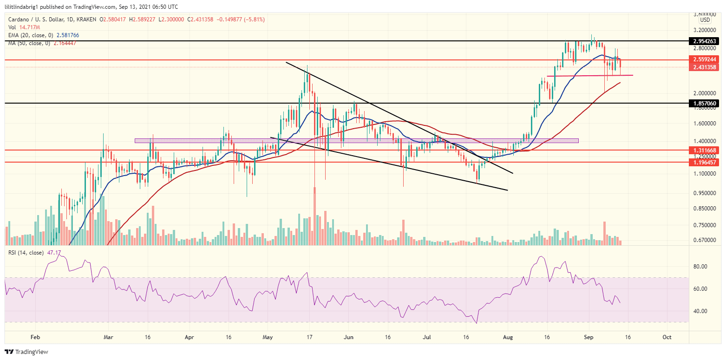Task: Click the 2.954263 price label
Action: [x=706, y=41]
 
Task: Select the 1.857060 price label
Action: [x=706, y=103]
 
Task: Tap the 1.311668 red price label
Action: [x=706, y=150]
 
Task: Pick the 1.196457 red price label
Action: [x=706, y=162]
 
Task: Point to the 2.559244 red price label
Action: [x=706, y=60]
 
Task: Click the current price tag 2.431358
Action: [x=706, y=67]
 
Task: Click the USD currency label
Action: [x=705, y=20]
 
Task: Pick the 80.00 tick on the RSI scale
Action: [x=700, y=267]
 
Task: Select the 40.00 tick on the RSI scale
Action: [x=700, y=311]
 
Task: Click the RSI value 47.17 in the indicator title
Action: [x=50, y=253]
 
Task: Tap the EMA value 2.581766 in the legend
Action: [x=68, y=35]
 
